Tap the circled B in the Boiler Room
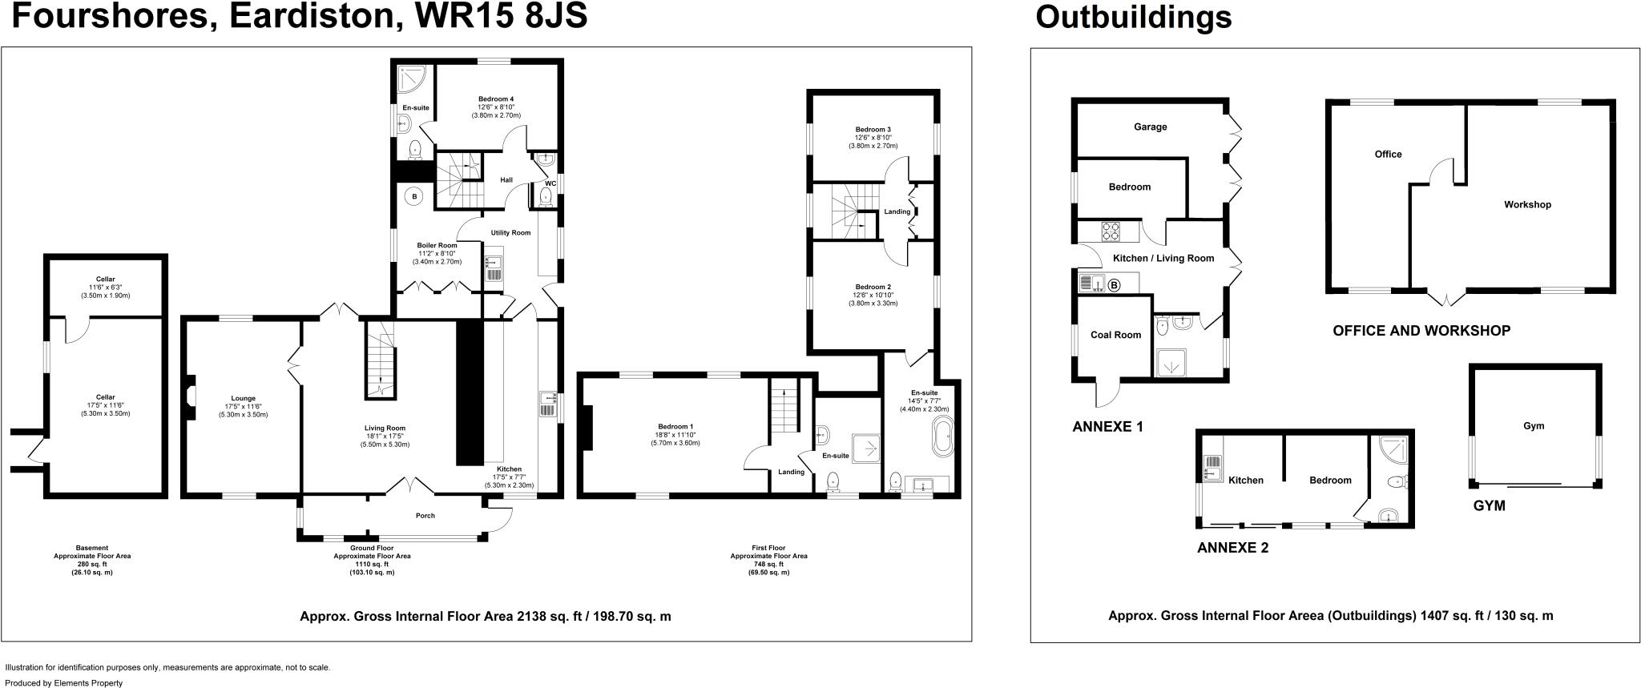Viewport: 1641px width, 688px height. [x=414, y=196]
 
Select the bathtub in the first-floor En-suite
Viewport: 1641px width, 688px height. [x=942, y=439]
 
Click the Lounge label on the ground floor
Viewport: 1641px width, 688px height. [x=243, y=398]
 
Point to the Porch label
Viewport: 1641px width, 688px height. [x=425, y=516]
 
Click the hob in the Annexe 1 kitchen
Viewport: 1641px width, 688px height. [x=1111, y=231]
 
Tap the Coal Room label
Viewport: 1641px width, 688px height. [x=1115, y=335]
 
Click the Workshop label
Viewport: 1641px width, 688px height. [x=1527, y=204]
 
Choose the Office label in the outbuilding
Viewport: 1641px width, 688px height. [x=1388, y=154]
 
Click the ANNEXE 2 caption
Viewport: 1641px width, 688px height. [x=1232, y=549]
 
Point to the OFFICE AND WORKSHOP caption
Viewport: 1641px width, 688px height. [x=1421, y=330]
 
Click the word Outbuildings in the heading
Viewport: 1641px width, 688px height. [x=1133, y=17]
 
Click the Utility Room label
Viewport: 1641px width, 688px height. [x=510, y=233]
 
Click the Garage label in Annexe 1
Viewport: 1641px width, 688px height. [x=1150, y=127]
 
